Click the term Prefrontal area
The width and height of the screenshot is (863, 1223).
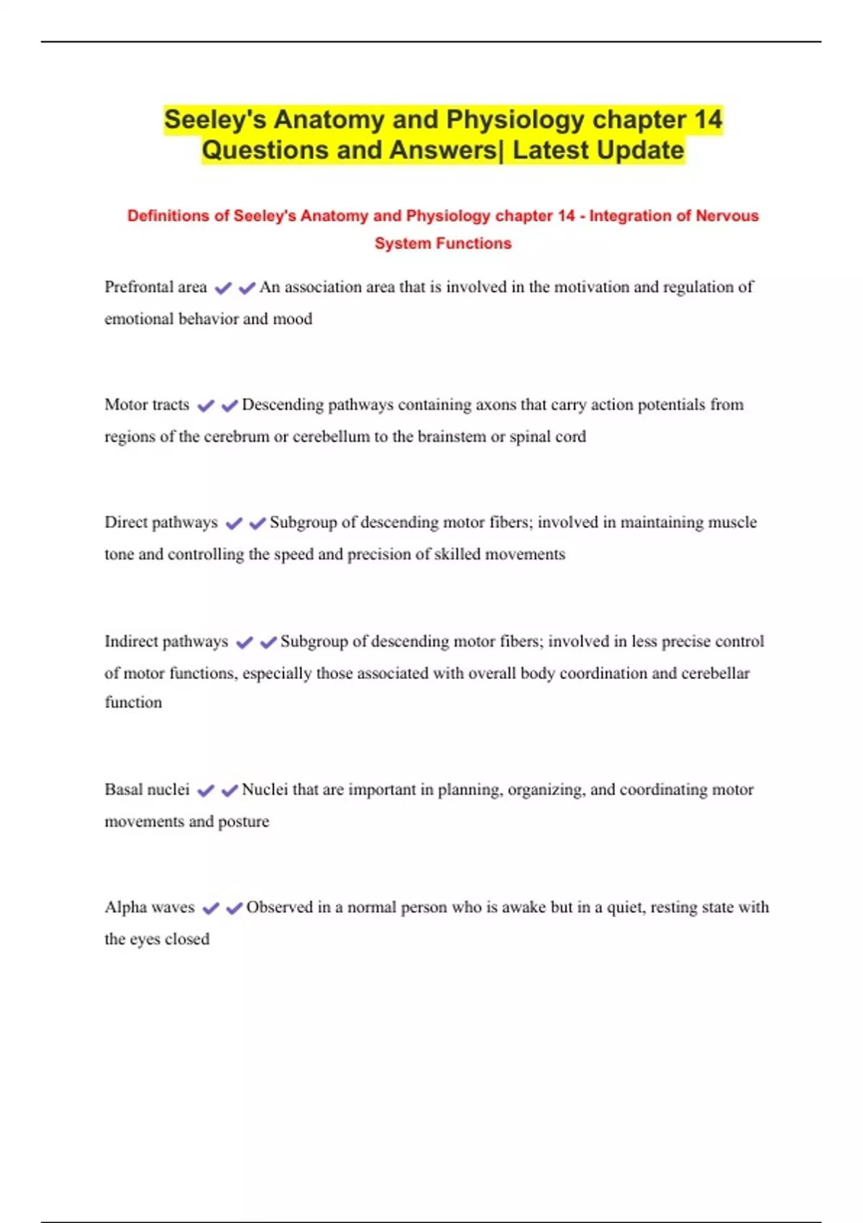point(155,287)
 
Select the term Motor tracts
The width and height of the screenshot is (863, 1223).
point(147,405)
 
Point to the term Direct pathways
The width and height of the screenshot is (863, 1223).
point(161,522)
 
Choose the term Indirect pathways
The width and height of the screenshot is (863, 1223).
point(166,641)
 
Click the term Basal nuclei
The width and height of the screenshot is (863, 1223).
point(147,789)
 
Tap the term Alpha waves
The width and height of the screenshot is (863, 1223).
point(150,907)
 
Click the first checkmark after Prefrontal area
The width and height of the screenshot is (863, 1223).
point(223,288)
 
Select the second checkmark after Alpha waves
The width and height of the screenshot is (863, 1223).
point(234,909)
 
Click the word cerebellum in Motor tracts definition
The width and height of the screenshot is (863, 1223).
point(331,437)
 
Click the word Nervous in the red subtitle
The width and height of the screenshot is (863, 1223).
point(727,216)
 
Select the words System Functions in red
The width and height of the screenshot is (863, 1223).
point(443,243)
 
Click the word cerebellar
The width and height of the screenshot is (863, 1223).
point(716,673)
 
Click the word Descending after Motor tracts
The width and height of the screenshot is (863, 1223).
point(283,405)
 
